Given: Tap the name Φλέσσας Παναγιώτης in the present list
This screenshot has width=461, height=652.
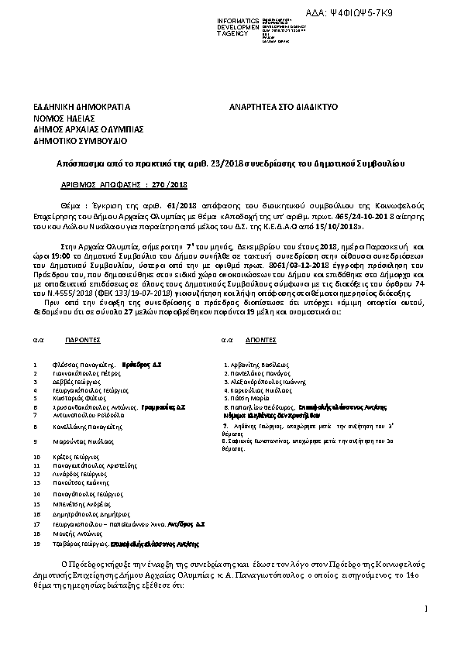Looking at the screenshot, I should [85, 363].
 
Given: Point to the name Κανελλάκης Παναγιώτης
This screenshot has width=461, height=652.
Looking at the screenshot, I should [86, 426].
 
